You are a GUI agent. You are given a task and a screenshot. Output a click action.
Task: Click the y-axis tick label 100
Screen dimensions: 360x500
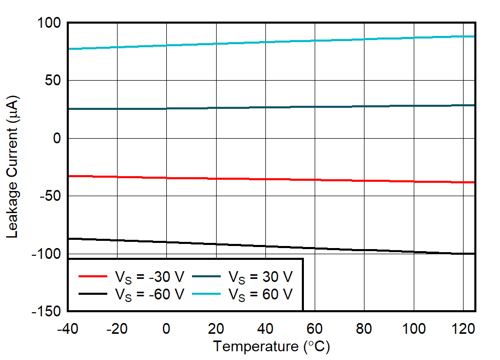click(50, 23)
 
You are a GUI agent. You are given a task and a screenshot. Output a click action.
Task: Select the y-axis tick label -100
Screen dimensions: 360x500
click(47, 254)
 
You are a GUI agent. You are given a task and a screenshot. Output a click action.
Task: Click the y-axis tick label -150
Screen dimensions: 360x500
click(47, 311)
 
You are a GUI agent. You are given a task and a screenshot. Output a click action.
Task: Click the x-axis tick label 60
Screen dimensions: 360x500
click(314, 328)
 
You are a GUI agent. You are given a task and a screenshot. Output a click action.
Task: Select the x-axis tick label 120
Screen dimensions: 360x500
click(463, 328)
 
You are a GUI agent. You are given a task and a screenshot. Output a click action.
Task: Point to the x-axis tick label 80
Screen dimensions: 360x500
click(364, 328)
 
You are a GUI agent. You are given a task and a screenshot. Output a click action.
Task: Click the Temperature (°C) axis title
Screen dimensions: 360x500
click(272, 347)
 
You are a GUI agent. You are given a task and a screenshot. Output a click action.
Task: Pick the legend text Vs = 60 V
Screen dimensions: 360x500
click(261, 294)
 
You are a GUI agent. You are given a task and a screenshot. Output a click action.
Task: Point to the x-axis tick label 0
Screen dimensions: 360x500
click(166, 328)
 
